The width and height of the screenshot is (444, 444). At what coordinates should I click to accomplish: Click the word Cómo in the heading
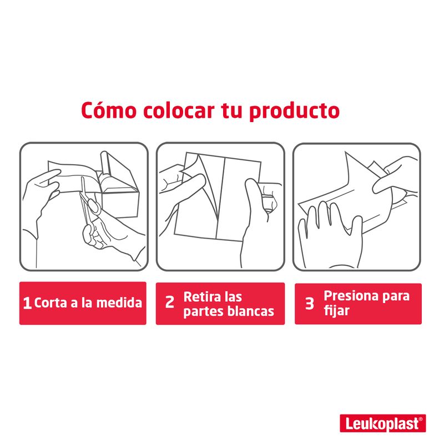[x=109, y=110]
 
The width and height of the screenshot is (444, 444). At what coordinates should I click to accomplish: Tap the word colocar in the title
[x=178, y=110]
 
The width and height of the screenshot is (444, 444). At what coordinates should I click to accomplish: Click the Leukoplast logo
[x=383, y=423]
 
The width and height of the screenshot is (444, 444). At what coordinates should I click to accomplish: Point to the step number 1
[x=27, y=303]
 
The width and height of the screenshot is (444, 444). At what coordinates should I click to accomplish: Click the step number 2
[x=170, y=302]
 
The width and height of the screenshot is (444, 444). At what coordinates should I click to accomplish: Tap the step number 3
[x=309, y=303]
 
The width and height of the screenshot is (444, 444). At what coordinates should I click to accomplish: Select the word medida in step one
[x=119, y=302]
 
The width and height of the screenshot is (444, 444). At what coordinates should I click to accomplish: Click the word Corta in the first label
[x=51, y=303]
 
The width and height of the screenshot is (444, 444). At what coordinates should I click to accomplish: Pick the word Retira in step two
[x=202, y=297]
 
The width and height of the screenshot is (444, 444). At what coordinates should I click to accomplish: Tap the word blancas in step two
[x=251, y=311]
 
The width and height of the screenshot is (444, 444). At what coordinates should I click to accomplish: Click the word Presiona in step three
[x=351, y=296]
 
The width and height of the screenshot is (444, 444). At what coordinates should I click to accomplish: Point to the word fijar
[x=336, y=311]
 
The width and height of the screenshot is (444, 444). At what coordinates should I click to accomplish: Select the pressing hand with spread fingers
[x=330, y=235]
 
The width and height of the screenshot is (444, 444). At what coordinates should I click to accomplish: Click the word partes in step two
[x=204, y=312]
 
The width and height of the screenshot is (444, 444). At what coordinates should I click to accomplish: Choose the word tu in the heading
[x=231, y=110]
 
